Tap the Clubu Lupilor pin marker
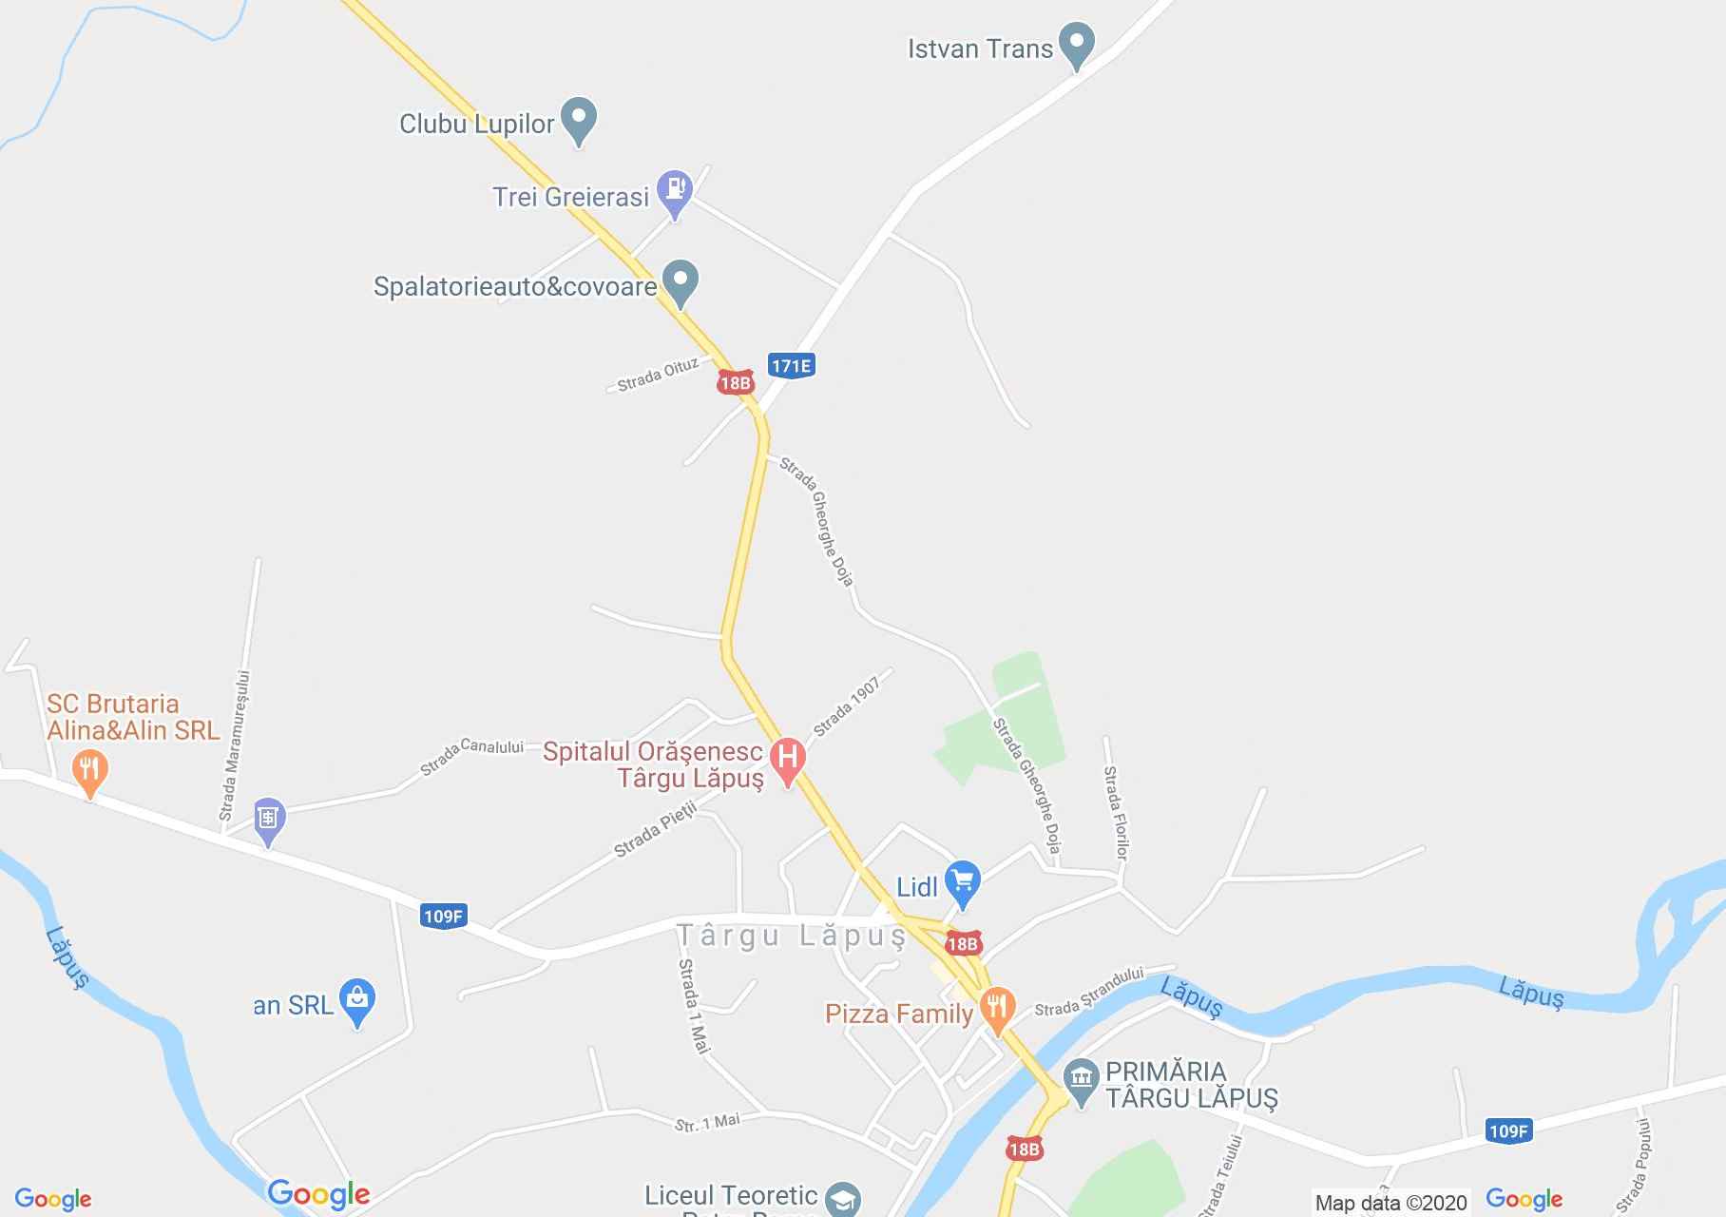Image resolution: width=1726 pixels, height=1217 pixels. pos(578,119)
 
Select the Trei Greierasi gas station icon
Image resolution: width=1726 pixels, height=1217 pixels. pos(675,189)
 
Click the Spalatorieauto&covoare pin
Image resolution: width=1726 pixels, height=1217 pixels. pos(680,280)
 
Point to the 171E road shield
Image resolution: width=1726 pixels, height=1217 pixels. pos(792,366)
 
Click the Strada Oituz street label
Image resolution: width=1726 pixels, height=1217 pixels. pos(658,375)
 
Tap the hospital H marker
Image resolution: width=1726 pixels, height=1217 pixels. pos(787,759)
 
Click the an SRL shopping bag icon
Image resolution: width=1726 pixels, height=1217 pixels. pos(357,999)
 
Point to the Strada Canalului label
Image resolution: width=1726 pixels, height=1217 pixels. pos(472,754)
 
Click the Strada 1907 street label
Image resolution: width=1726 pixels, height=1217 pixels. pos(846,706)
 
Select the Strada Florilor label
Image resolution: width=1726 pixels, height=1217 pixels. pos(1115,813)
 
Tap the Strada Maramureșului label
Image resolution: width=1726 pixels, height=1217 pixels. pos(234,746)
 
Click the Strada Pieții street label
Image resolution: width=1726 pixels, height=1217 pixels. pos(656,829)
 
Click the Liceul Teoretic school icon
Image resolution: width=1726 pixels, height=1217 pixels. pos(841,1198)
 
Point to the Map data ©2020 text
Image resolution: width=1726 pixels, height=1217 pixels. pos(1390,1203)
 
